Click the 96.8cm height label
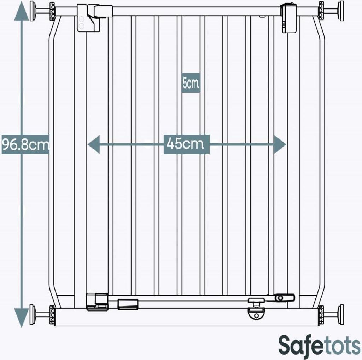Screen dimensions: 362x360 25,144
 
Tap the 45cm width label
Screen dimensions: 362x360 186,144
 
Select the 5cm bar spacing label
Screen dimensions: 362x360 191,83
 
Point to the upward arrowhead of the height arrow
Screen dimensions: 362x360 22,12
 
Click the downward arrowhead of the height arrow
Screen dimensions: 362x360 22,318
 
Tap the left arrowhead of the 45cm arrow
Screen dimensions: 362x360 93,144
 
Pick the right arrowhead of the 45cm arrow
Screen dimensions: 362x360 280,144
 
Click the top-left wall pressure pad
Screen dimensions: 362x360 32,11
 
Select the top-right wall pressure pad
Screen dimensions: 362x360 341,11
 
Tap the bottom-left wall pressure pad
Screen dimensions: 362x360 32,314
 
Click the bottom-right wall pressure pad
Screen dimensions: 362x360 341,314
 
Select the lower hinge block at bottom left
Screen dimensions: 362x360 97,301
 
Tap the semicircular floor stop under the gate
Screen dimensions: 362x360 256,314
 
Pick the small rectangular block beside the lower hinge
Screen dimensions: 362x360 128,304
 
